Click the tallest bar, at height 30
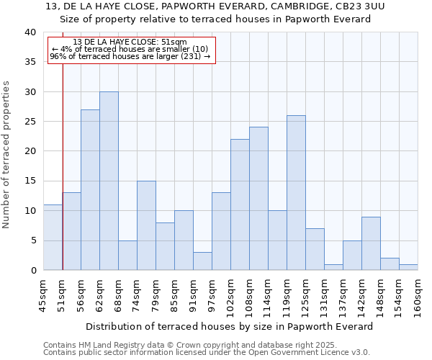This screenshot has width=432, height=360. pos(109,181)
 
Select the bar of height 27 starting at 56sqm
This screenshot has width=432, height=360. pos(90,189)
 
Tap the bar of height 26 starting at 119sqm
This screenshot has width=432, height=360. pos(296,192)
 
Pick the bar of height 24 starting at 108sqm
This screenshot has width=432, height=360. pos(258,199)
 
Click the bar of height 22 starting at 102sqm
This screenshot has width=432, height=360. pos(240,204)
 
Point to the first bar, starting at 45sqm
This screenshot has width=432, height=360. pos(53,238)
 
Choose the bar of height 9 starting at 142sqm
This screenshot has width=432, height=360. pos(371,243)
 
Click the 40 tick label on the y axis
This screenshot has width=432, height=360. pos(30,32)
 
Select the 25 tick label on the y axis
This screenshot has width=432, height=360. pos(30,122)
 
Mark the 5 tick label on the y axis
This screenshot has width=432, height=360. pos(32,240)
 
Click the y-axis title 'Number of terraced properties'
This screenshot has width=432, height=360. pos(6,154)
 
